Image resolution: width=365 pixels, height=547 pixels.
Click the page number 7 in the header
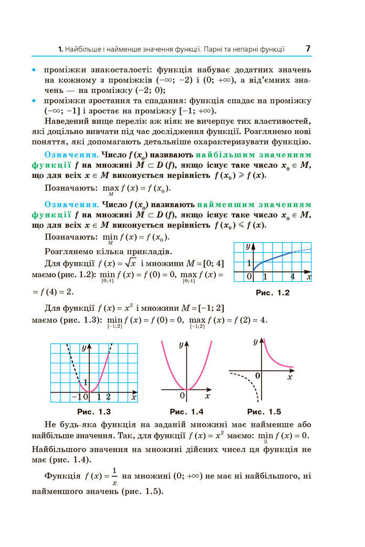tap(308, 49)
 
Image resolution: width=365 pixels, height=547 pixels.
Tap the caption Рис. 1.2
tap(272, 293)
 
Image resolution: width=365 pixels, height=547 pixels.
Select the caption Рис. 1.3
tap(93, 412)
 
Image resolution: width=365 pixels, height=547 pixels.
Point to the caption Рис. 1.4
tap(186, 412)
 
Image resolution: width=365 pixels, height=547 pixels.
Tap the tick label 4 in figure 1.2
tap(293, 276)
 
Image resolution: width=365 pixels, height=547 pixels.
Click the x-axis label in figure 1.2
tap(309, 276)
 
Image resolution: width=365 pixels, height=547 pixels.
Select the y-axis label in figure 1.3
tap(84, 348)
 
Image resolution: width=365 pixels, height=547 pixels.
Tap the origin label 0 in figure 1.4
tap(182, 395)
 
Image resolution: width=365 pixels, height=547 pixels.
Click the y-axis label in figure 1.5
tap(255, 342)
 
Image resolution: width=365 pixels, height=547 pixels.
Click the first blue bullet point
tap(34, 69)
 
